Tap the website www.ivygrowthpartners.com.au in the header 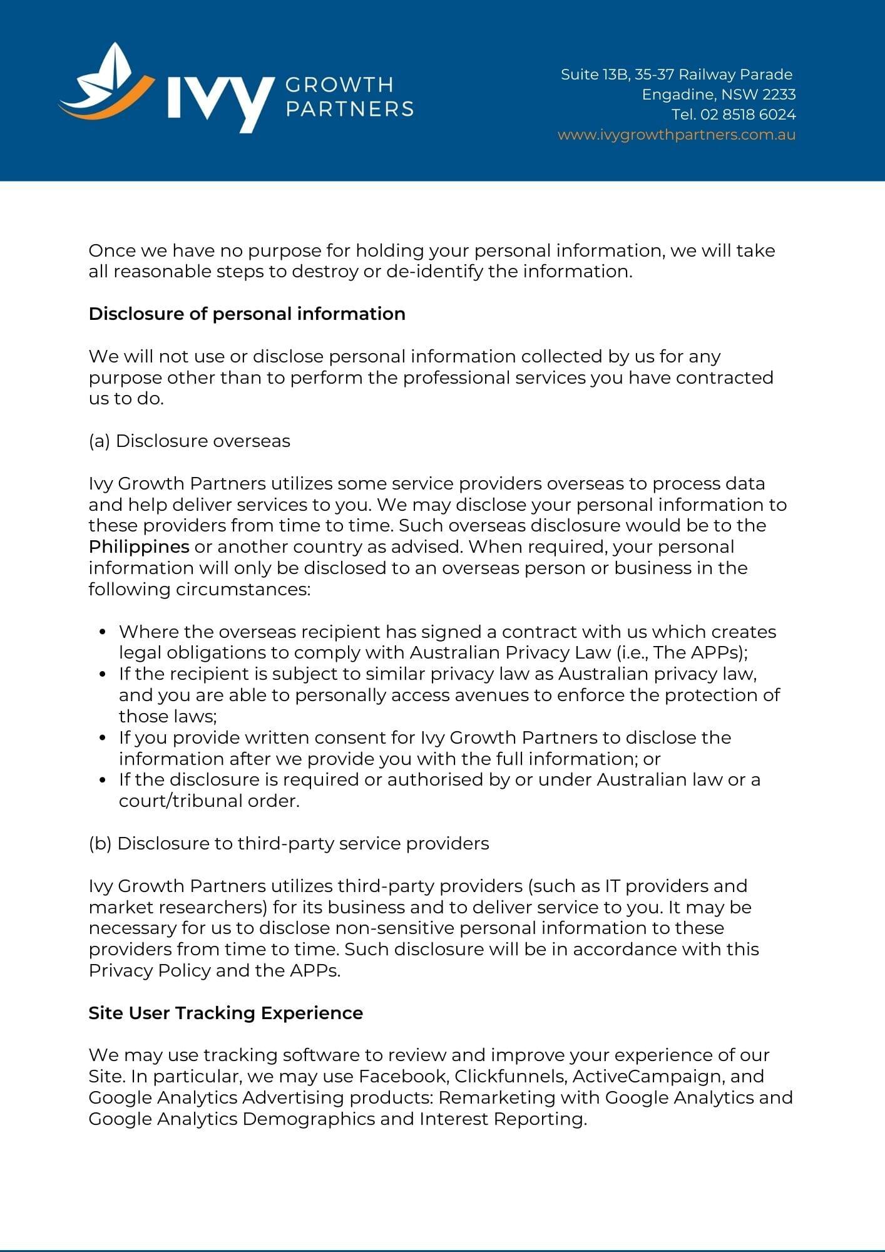point(677,135)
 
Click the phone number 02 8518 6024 point(749,115)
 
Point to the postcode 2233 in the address point(779,95)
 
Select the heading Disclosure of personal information point(247,314)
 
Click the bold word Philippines point(139,546)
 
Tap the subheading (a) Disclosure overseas point(189,441)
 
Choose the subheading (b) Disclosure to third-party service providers point(289,843)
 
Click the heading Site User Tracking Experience point(225,1013)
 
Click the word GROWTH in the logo point(339,85)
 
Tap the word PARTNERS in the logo point(349,109)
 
